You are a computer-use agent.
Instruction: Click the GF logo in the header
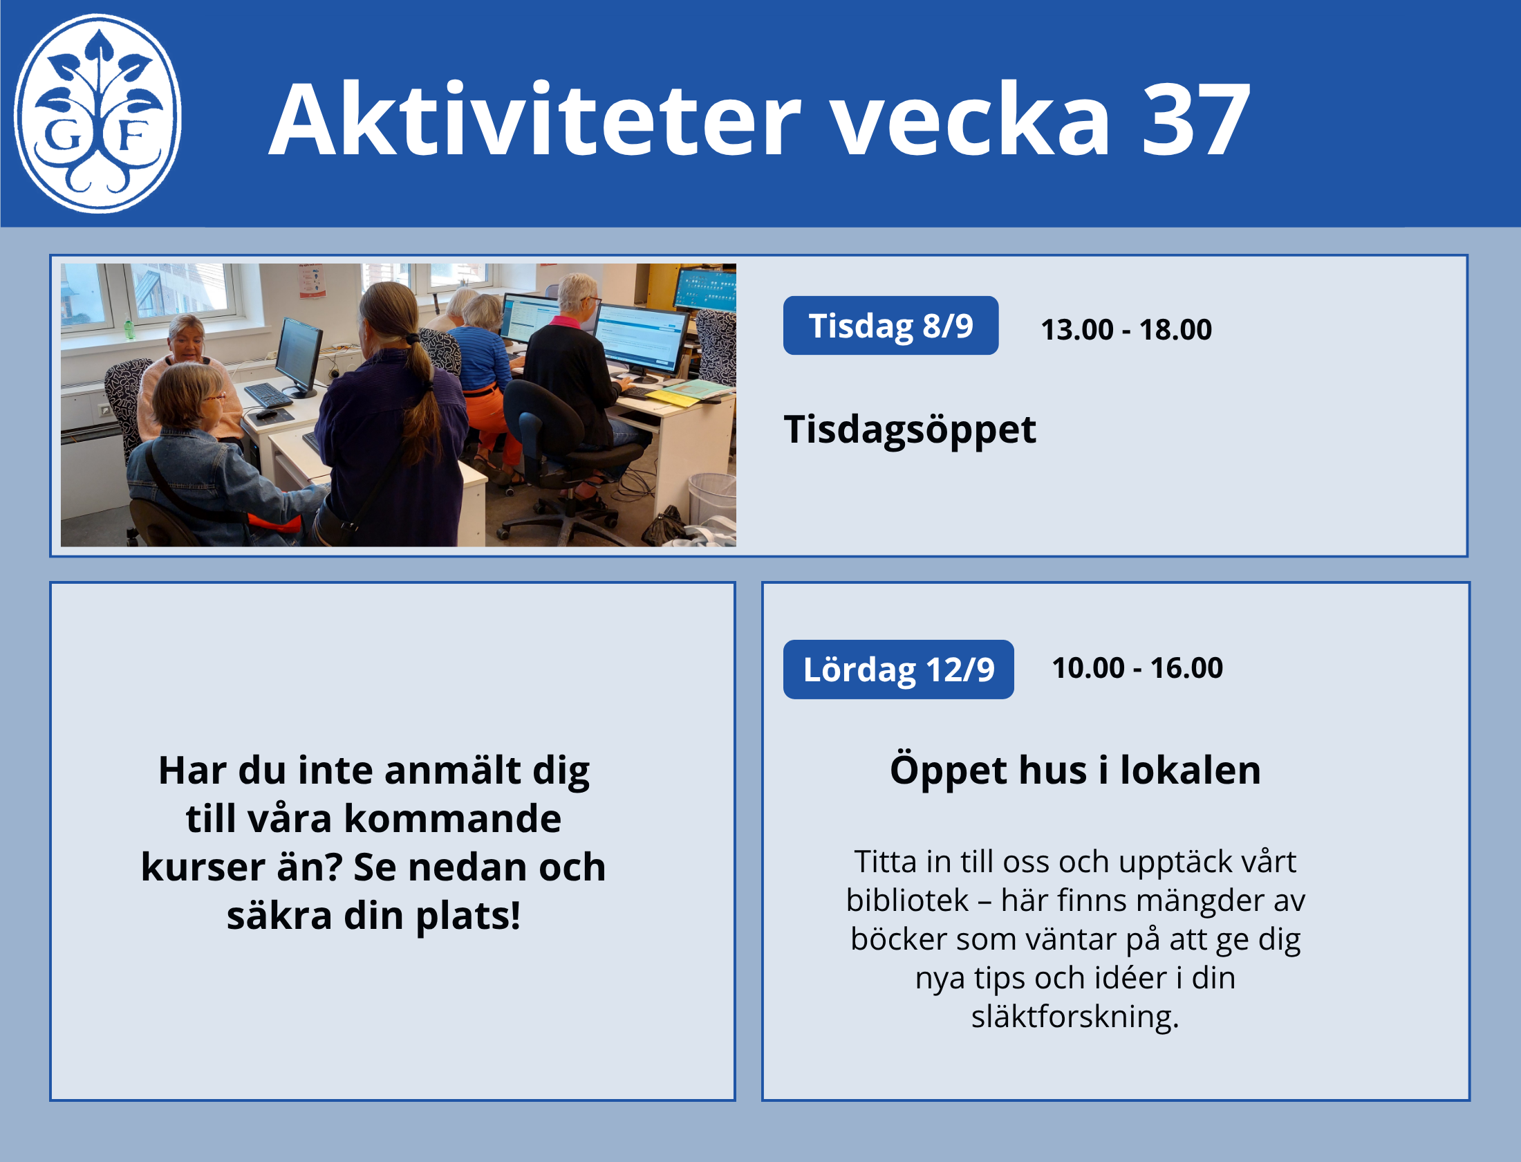click(97, 113)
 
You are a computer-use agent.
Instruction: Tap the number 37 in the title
click(1195, 119)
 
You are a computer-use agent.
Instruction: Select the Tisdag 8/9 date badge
click(890, 326)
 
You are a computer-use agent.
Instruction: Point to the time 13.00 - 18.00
click(1126, 329)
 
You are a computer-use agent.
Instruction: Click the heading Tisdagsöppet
click(910, 430)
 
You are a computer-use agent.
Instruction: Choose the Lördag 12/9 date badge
click(898, 670)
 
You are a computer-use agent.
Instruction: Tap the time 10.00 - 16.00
click(1137, 668)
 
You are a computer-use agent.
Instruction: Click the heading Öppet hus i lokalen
click(1075, 770)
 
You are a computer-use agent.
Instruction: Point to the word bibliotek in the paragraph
click(907, 901)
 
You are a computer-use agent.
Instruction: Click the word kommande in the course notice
click(453, 819)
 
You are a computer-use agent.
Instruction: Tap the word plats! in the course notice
click(468, 917)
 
